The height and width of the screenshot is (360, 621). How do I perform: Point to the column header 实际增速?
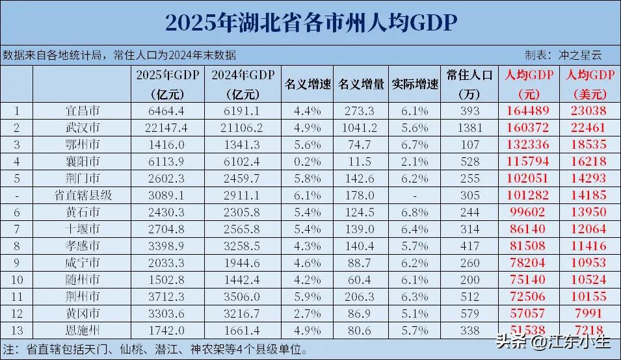415,84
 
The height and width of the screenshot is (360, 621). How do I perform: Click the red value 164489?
529,110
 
